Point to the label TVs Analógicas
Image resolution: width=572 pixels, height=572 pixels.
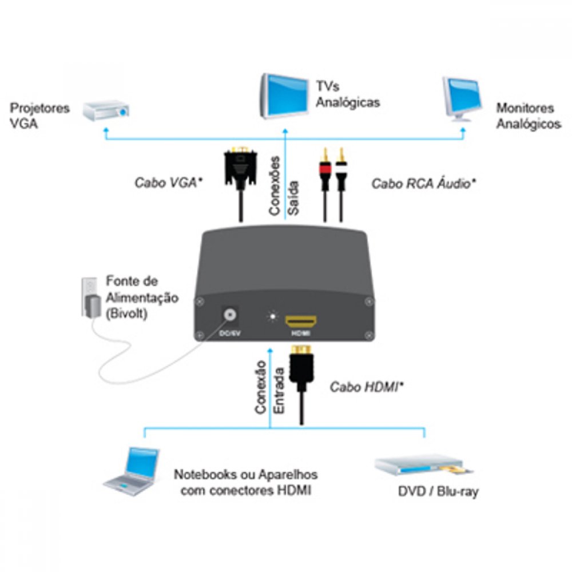pyautogui.click(x=347, y=95)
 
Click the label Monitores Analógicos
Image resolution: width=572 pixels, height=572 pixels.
pyautogui.click(x=528, y=116)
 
